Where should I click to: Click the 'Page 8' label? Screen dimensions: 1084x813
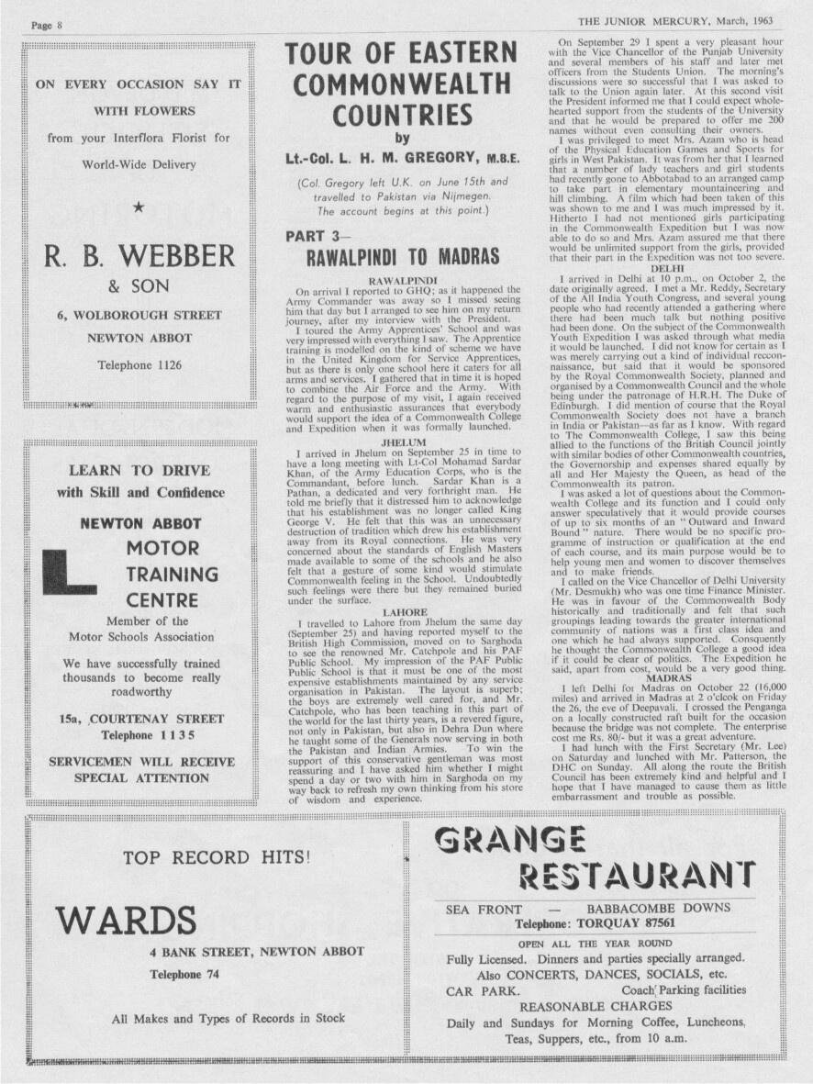[46, 25]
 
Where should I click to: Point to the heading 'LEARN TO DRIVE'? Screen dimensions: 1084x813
[139, 470]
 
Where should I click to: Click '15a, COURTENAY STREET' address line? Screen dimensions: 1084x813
[140, 719]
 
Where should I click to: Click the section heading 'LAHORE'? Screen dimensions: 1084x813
[404, 610]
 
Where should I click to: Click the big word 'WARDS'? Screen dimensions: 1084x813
[125, 919]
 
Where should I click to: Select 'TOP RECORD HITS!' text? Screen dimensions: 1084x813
[217, 858]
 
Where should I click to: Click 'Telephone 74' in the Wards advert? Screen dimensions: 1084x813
[184, 974]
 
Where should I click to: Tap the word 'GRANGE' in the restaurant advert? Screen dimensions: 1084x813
[510, 839]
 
